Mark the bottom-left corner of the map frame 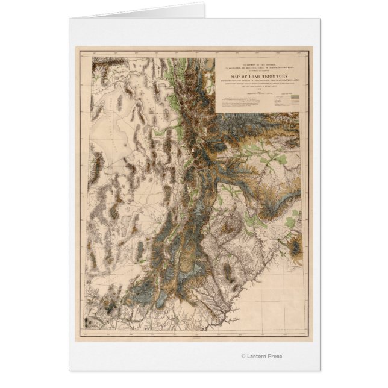pyautogui.click(x=81, y=338)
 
